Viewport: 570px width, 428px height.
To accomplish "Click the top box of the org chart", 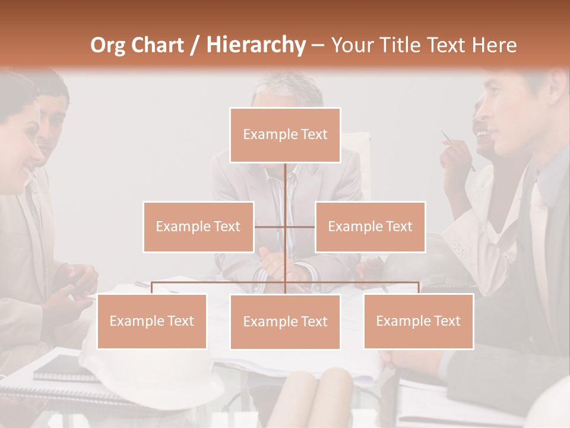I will point(285,135).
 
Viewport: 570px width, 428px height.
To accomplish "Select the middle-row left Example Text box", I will point(198,226).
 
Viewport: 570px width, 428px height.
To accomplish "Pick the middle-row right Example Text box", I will point(370,226).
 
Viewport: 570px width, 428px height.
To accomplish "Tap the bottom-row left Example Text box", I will point(151,321).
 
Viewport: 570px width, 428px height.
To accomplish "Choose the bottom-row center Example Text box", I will point(285,322).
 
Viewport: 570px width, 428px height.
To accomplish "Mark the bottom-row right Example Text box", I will point(418,321).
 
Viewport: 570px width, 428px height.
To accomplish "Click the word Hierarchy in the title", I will point(255,45).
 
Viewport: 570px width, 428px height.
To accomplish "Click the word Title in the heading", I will point(400,45).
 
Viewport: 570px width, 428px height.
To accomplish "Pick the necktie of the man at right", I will point(537,238).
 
